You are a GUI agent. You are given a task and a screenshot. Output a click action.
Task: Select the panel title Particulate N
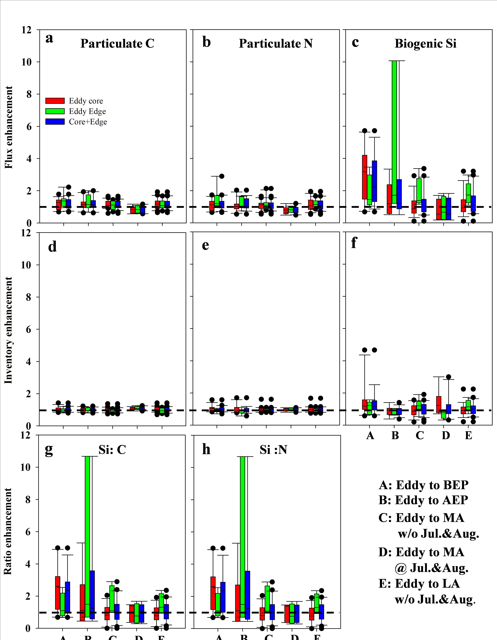tap(276, 44)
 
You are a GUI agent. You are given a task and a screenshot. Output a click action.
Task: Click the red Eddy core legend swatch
tap(55, 101)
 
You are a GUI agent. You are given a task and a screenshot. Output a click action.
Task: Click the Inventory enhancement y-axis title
tap(9, 330)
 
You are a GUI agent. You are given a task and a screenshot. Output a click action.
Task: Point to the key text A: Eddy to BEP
tap(423, 485)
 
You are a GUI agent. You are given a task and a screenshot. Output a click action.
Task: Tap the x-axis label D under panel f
tap(445, 436)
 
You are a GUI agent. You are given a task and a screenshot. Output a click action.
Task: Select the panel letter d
tap(52, 247)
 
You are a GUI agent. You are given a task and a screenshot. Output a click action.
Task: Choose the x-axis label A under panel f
tap(370, 436)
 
